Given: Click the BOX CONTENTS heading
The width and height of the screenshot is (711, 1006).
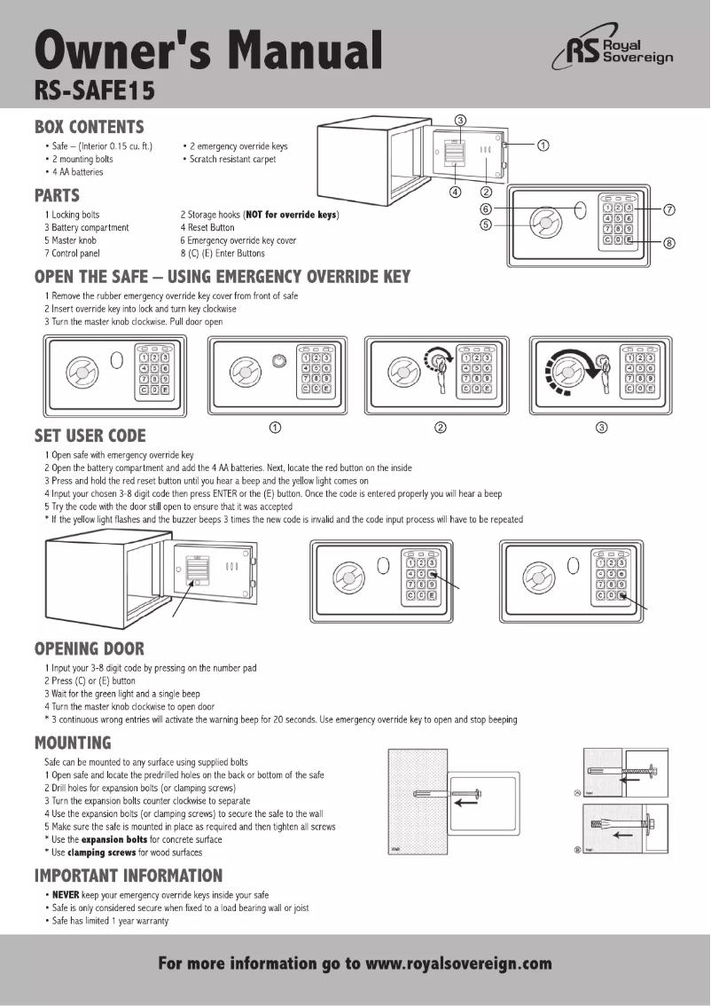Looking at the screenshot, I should tap(89, 127).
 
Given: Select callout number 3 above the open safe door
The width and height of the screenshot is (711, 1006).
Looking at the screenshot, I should tap(460, 120).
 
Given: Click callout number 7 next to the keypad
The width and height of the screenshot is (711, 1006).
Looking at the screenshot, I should tap(670, 209).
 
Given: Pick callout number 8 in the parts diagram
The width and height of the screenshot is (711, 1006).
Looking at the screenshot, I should tap(670, 246).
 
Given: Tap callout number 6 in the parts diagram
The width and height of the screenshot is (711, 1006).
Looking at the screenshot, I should tap(486, 208).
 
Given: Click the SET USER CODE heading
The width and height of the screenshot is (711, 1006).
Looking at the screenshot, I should tap(90, 436).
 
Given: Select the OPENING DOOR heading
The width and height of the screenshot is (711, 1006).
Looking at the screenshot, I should tap(89, 648).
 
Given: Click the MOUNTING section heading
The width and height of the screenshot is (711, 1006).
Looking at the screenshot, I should tap(73, 742).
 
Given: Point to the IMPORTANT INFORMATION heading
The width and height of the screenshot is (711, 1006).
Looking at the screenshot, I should tap(129, 876).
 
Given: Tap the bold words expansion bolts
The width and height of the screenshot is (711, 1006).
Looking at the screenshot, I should tap(114, 839).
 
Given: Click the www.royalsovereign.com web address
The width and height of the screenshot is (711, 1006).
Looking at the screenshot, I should tap(458, 963).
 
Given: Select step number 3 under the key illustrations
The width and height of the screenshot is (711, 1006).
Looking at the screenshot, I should tap(602, 428).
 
